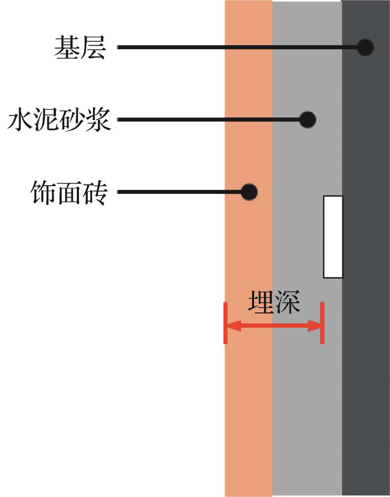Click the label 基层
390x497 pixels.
coord(79,48)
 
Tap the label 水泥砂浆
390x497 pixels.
coord(59,120)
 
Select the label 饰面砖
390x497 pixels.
coord(69,192)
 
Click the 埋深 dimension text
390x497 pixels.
coord(274,302)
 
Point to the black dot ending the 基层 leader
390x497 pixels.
coord(365,48)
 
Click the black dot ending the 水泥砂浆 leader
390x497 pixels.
coord(308,120)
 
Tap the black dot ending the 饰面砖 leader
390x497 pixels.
coord(249,192)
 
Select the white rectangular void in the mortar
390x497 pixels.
coord(333,237)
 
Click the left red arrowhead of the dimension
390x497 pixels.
coord(234,326)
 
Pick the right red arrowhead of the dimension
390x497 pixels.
coord(315,326)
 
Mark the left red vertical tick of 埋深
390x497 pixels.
coord(226,323)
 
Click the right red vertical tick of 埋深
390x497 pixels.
coord(322,323)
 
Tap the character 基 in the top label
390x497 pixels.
coord(66,48)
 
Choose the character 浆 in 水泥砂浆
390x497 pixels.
coord(98,120)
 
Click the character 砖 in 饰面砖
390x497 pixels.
coord(96,192)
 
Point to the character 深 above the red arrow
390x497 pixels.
coord(287,302)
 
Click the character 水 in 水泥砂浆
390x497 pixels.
coord(21,120)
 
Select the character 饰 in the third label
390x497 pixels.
coord(43,192)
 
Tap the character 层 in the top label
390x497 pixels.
coord(93,48)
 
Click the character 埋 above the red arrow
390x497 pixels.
coord(261,302)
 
